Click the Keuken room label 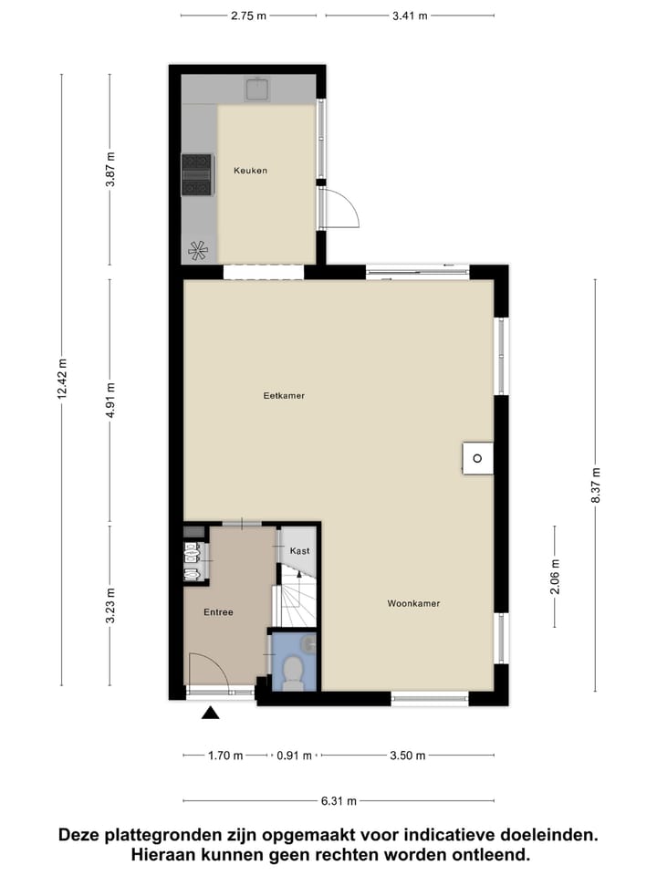click(250, 171)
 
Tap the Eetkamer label click(283, 396)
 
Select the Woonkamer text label click(413, 603)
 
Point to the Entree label click(218, 612)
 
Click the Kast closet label click(299, 551)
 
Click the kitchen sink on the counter click(256, 89)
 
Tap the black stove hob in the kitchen click(196, 174)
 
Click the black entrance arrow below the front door click(211, 714)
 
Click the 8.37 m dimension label click(596, 485)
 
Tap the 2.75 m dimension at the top click(248, 16)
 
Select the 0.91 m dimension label click(295, 756)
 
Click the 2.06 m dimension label click(554, 576)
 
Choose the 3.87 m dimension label click(110, 169)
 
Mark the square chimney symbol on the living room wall click(477, 457)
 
